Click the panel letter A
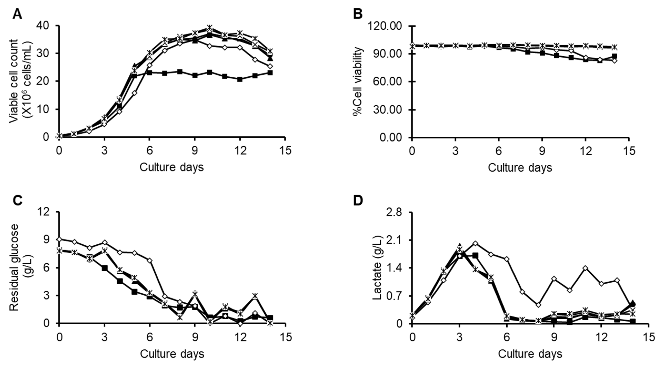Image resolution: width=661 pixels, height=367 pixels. click(17, 14)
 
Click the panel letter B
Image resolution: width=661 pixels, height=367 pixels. click(358, 14)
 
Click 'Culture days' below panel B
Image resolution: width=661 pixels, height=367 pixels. click(520, 167)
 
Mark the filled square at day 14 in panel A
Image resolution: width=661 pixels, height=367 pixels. click(270, 73)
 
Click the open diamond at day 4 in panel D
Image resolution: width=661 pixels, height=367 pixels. click(475, 243)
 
